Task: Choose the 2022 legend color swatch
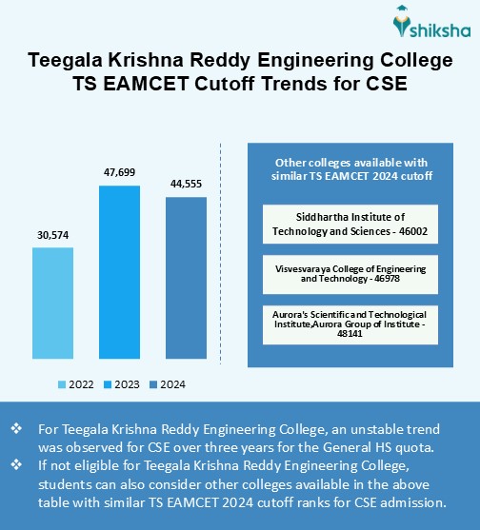click(62, 384)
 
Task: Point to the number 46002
click(408, 231)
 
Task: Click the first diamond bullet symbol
click(15, 429)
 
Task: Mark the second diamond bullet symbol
click(15, 465)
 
